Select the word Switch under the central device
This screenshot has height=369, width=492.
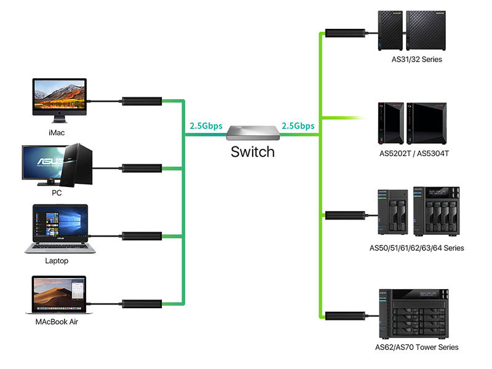click(x=252, y=151)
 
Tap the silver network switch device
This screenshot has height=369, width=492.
click(x=253, y=132)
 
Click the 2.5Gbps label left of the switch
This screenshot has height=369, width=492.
click(x=206, y=126)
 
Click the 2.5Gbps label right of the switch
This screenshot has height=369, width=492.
click(x=298, y=126)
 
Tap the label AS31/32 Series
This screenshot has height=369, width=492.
click(x=416, y=60)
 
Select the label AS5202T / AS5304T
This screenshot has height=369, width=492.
click(x=414, y=153)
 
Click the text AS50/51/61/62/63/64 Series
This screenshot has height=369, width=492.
click(x=416, y=248)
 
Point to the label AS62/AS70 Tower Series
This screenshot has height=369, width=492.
click(x=416, y=347)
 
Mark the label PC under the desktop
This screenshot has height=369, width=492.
click(x=57, y=192)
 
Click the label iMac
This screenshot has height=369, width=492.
click(x=57, y=132)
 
